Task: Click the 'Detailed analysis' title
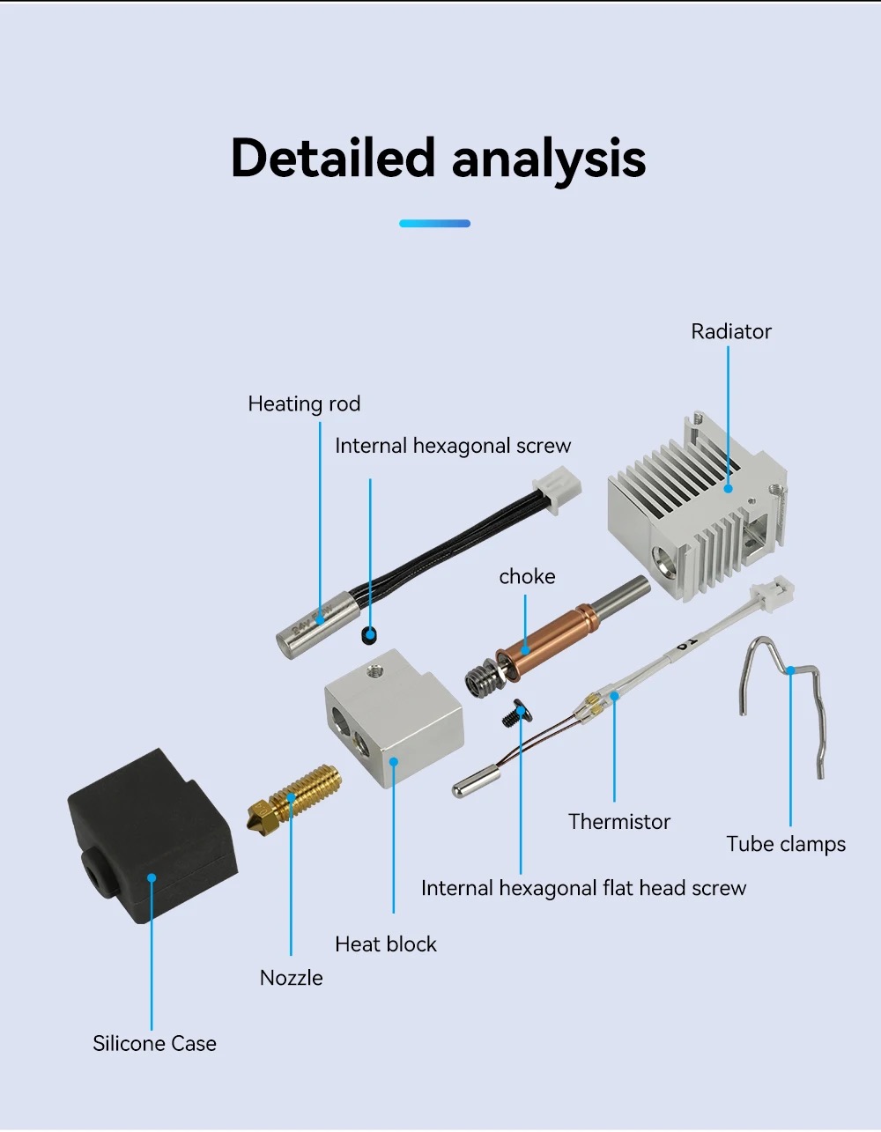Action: pyautogui.click(x=438, y=159)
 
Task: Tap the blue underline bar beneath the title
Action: pyautogui.click(x=434, y=224)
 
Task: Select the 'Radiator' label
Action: pyautogui.click(x=730, y=332)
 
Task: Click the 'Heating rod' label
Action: pyautogui.click(x=304, y=404)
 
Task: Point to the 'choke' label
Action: pyautogui.click(x=527, y=577)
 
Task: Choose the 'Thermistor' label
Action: pyautogui.click(x=618, y=822)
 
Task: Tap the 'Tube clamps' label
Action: pyautogui.click(x=785, y=845)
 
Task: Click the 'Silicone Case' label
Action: pyautogui.click(x=154, y=1044)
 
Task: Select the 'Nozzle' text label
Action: pyautogui.click(x=291, y=978)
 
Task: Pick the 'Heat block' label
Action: pyautogui.click(x=385, y=944)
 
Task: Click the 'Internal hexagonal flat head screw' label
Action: pyautogui.click(x=583, y=888)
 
